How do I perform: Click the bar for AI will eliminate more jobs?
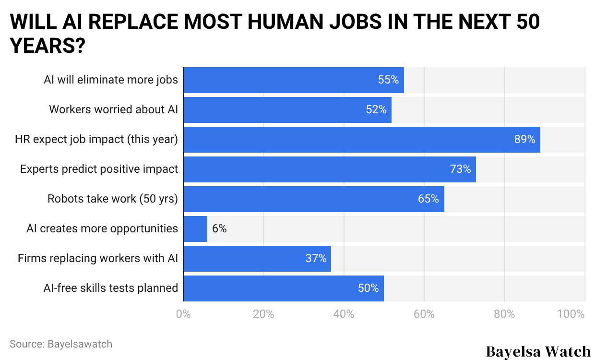tap(294, 80)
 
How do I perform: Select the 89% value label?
tap(524, 140)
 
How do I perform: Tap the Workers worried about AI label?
tap(113, 110)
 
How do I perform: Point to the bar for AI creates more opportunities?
tap(195, 229)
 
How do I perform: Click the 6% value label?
tap(219, 229)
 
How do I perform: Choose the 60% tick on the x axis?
tap(424, 314)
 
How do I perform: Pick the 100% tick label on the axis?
tap(571, 314)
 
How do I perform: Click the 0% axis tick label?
tap(183, 314)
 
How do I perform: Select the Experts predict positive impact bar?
tap(330, 169)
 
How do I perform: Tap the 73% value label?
tap(460, 169)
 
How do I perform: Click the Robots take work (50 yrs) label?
tap(113, 199)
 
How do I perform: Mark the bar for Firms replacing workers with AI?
tap(257, 259)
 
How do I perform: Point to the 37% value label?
tap(316, 259)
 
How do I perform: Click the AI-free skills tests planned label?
tap(110, 288)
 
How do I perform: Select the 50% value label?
tap(368, 288)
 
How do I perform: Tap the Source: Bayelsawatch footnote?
tap(61, 344)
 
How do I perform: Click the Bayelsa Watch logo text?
tap(538, 351)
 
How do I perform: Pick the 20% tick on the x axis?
tap(263, 314)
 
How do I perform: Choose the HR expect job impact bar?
tap(362, 140)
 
